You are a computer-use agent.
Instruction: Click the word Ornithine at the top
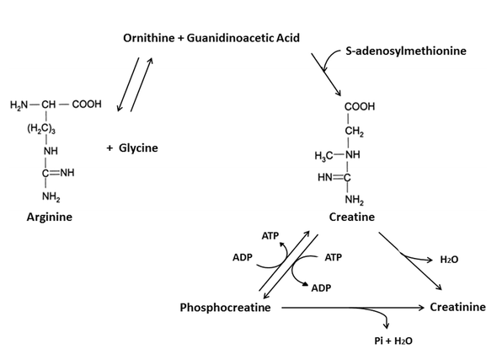pyautogui.click(x=148, y=38)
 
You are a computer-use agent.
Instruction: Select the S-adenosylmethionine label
pyautogui.click(x=406, y=51)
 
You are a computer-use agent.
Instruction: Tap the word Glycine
pyautogui.click(x=138, y=148)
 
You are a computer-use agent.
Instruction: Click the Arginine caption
pyautogui.click(x=50, y=218)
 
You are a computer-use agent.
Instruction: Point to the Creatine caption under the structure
pyautogui.click(x=352, y=217)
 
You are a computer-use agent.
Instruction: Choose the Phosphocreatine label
pyautogui.click(x=226, y=308)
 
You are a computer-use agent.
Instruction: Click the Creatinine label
pyautogui.click(x=457, y=307)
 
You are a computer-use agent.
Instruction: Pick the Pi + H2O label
pyautogui.click(x=393, y=341)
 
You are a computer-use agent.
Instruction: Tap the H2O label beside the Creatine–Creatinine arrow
pyautogui.click(x=449, y=260)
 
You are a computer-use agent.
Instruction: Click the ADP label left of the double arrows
pyautogui.click(x=243, y=257)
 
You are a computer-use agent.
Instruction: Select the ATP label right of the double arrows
pyautogui.click(x=333, y=257)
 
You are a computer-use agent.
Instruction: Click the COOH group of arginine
pyautogui.click(x=87, y=104)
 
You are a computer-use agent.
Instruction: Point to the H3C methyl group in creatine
pyautogui.click(x=323, y=156)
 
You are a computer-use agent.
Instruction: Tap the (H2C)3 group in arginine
pyautogui.click(x=41, y=128)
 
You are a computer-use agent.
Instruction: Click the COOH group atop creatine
pyautogui.click(x=360, y=106)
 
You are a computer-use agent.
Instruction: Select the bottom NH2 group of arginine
pyautogui.click(x=51, y=197)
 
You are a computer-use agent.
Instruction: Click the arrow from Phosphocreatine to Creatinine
pyautogui.click(x=352, y=308)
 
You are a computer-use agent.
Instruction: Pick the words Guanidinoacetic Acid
pyautogui.click(x=243, y=38)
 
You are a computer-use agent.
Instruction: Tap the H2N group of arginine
pyautogui.click(x=19, y=105)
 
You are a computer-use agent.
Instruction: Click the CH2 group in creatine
pyautogui.click(x=355, y=132)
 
